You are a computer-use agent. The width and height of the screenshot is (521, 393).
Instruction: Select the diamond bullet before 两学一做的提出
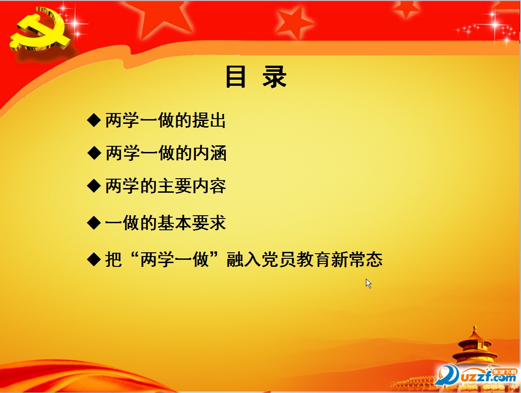coord(94,120)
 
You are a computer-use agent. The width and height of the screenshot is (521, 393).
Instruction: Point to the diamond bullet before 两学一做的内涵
coord(94,152)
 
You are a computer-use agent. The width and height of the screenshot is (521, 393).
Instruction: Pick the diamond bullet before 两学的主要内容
coord(94,186)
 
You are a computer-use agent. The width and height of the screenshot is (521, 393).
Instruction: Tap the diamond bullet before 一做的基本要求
coord(94,222)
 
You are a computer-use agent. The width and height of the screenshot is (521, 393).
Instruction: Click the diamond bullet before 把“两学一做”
coord(94,259)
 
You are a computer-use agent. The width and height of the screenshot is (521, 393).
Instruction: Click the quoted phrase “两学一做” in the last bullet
coord(174,259)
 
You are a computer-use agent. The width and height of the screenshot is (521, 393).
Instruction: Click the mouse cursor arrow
coord(368,283)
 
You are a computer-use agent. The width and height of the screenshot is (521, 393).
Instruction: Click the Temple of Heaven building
coord(476,347)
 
